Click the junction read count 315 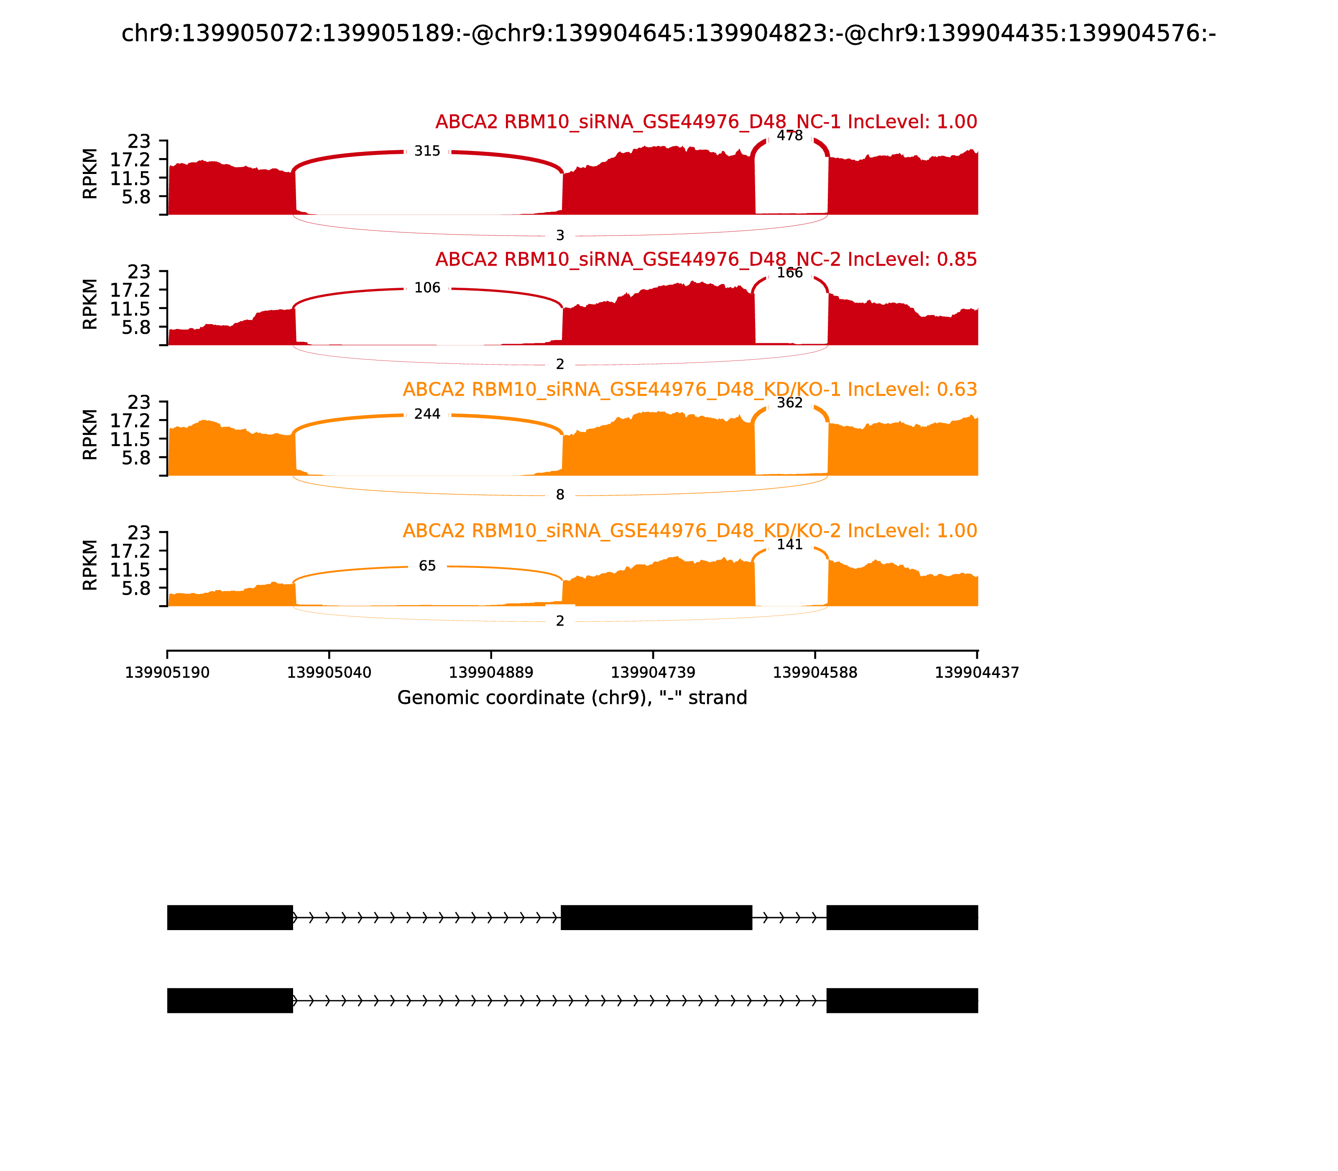(427, 151)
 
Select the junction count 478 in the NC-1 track (789, 136)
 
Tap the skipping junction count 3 (560, 235)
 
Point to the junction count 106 (427, 288)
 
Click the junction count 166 (789, 273)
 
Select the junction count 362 (789, 402)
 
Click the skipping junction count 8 (560, 495)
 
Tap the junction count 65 (427, 566)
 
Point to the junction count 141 (789, 545)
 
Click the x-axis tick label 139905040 (329, 672)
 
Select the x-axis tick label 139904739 (653, 672)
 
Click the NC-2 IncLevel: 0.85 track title (706, 259)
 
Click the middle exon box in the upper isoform (656, 918)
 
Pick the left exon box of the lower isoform (230, 1000)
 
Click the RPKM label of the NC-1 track (90, 174)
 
